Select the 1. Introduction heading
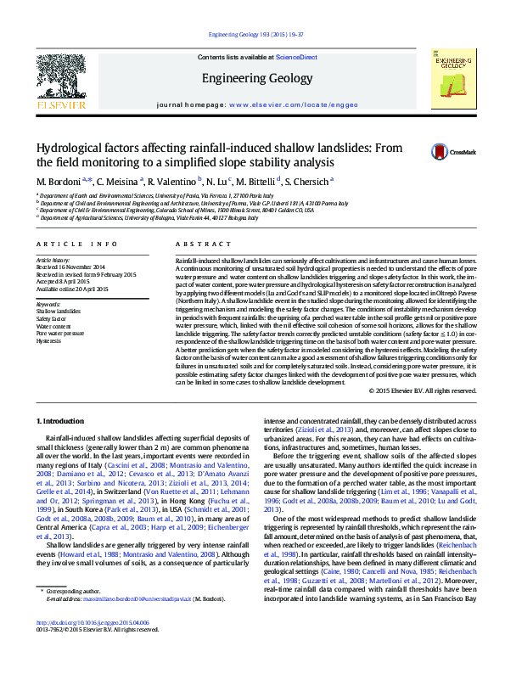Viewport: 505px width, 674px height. [62, 421]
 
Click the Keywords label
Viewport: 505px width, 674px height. [48, 304]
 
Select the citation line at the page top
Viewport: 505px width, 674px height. [252, 35]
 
